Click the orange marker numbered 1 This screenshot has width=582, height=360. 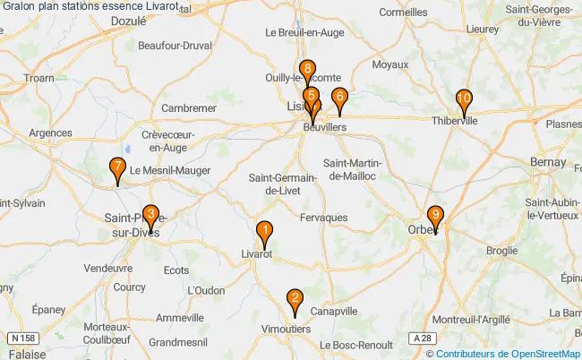click(x=264, y=234)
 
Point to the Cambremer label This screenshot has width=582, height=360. click(x=188, y=107)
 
